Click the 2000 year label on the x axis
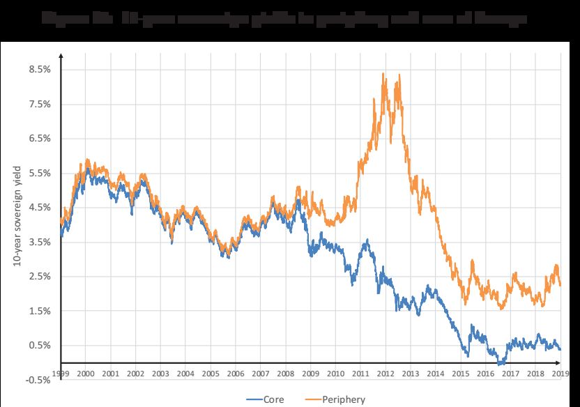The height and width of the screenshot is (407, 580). point(86,374)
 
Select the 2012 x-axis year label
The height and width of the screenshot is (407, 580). point(384,374)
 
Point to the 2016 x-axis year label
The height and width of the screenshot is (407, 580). point(484,374)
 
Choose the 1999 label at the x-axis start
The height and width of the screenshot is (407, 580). point(61,374)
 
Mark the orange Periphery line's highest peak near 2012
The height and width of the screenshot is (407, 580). point(383,74)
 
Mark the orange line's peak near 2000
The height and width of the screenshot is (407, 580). point(86,160)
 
